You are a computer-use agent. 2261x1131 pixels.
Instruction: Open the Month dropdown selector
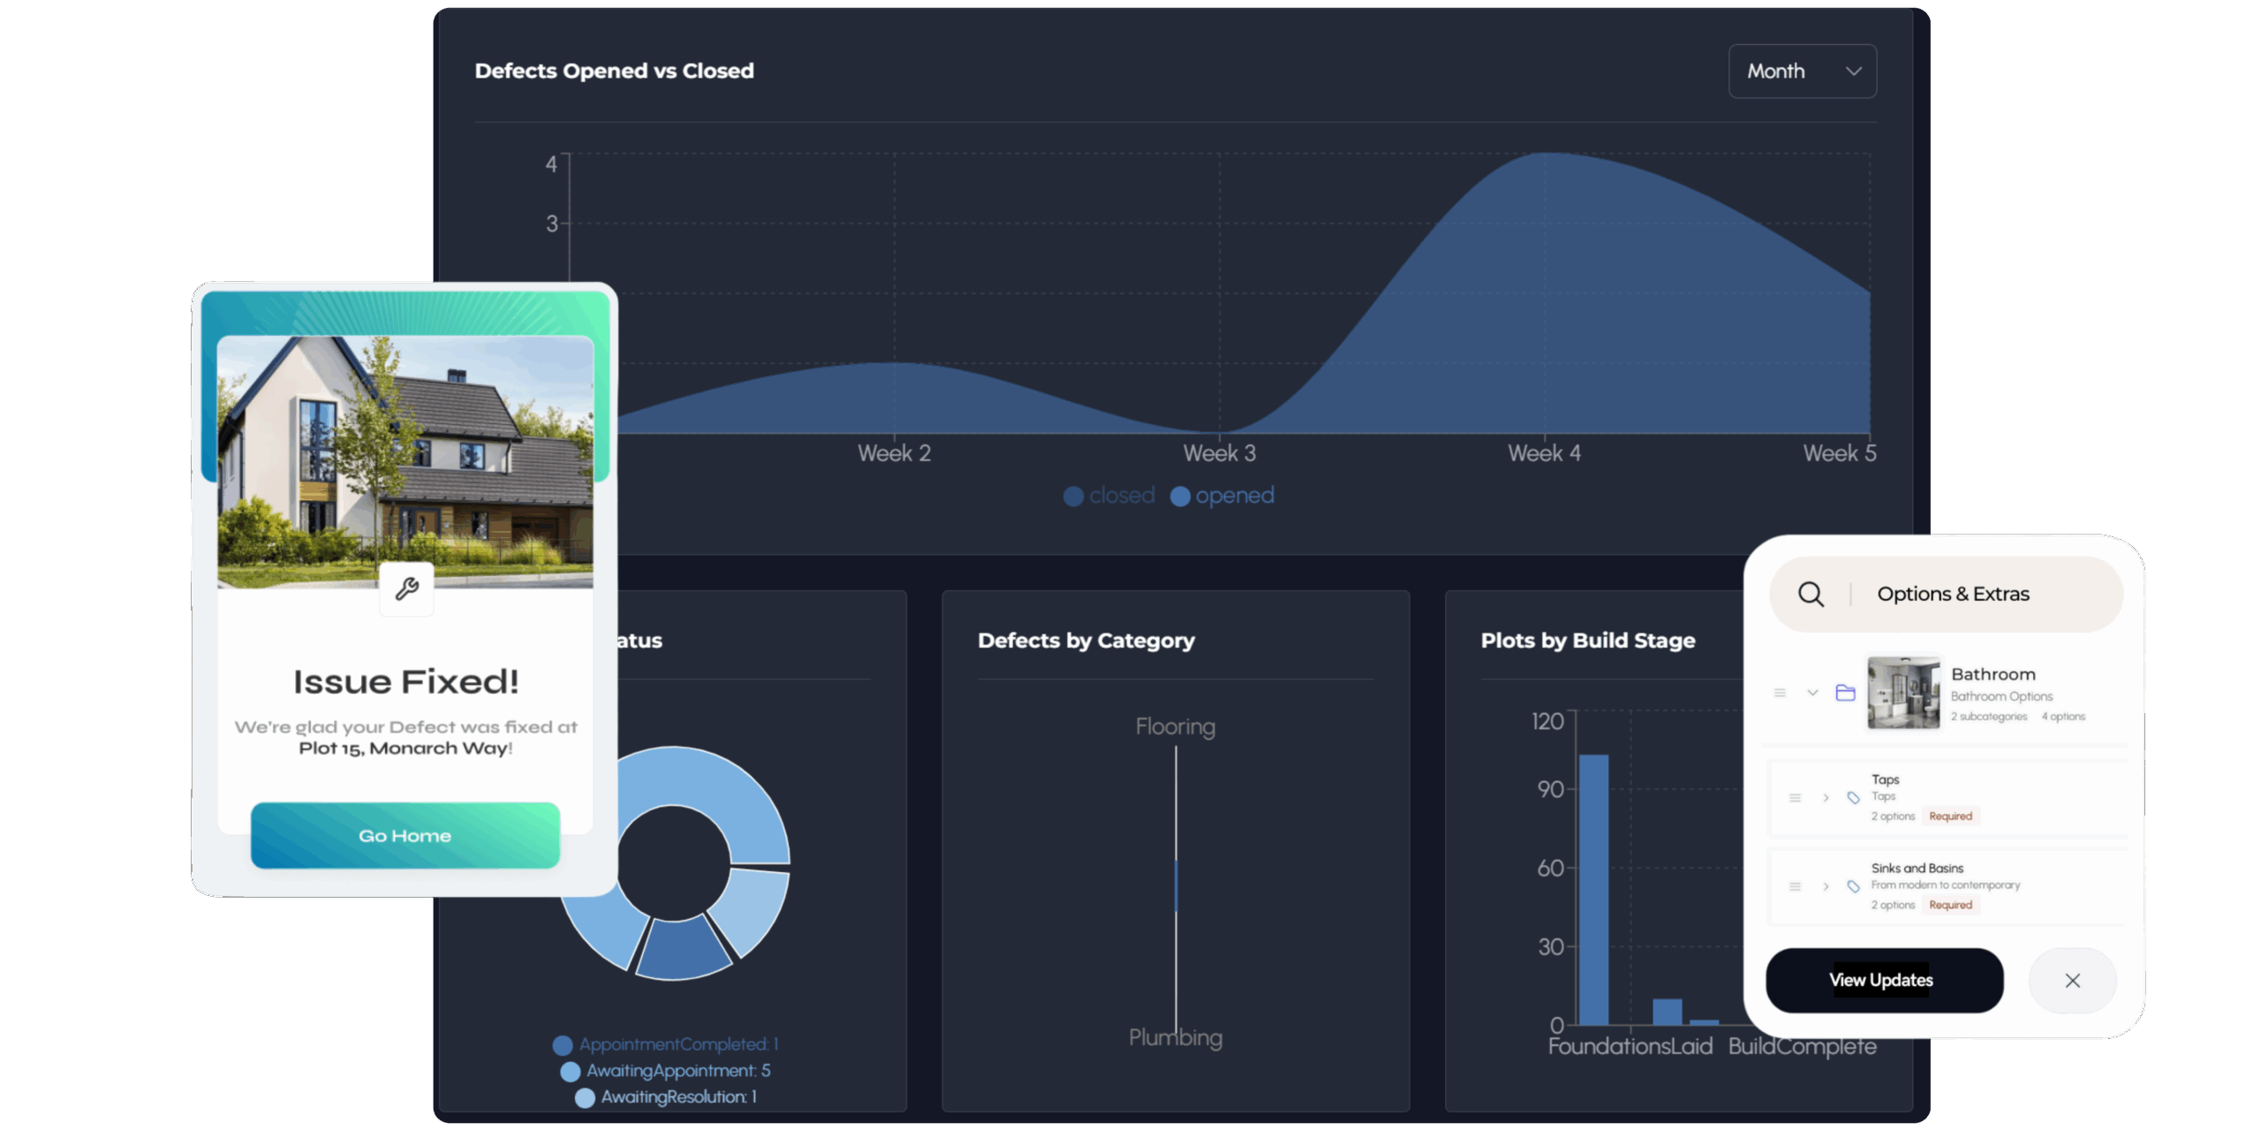[x=1802, y=72]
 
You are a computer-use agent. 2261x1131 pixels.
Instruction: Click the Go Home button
[x=405, y=836]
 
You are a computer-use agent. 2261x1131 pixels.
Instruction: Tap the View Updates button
[x=1884, y=981]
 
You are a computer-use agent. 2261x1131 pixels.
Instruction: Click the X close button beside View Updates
[x=2072, y=981]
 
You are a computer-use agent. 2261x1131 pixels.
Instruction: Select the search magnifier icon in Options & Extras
[x=1811, y=595]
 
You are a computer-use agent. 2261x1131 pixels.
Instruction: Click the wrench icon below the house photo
[x=406, y=589]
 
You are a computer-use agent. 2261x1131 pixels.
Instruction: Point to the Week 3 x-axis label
[x=1219, y=454]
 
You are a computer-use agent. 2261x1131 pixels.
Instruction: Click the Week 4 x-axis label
[x=1544, y=454]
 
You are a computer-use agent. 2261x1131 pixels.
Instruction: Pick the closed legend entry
[x=1110, y=497]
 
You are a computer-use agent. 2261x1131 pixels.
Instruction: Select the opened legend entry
[x=1223, y=497]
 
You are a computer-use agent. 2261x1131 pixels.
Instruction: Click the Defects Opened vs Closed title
[x=614, y=72]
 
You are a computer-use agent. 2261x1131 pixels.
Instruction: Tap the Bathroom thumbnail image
[x=1903, y=693]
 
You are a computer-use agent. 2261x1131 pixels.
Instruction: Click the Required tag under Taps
[x=1950, y=816]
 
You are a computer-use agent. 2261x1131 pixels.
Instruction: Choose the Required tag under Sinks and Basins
[x=1950, y=905]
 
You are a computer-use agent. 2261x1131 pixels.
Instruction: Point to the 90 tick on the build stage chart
[x=1550, y=789]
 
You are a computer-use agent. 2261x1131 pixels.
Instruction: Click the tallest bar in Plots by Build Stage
[x=1593, y=888]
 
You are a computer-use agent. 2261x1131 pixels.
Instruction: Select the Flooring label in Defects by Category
[x=1175, y=727]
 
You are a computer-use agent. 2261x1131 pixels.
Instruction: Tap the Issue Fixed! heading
[x=405, y=682]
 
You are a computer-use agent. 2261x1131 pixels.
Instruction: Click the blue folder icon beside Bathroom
[x=1845, y=693]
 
